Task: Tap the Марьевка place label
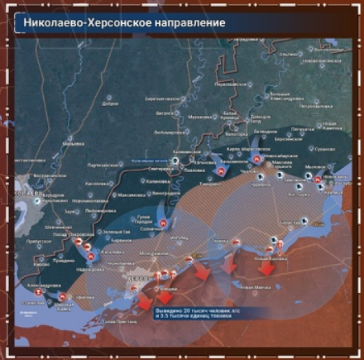(74, 144)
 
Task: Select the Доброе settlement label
(110, 103)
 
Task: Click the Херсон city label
(138, 278)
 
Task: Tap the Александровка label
(44, 285)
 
